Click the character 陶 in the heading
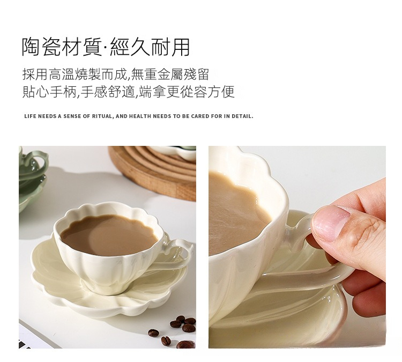click(31, 47)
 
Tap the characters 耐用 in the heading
click(170, 47)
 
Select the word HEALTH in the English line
click(140, 116)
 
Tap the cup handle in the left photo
click(180, 255)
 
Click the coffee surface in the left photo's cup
click(109, 235)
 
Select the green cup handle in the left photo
click(39, 159)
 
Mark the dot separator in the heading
click(106, 48)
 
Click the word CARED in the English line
click(200, 116)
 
